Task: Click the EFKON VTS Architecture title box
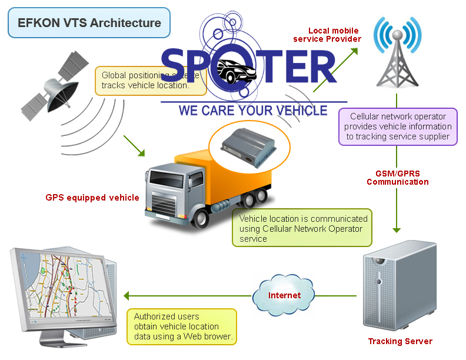[89, 23]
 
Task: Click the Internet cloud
[284, 295]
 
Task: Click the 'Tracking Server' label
[400, 341]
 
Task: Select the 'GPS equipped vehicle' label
[92, 198]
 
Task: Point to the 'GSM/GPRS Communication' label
[398, 178]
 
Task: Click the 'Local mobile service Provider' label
[334, 35]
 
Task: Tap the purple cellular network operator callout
[398, 126]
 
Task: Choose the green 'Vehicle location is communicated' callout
[302, 228]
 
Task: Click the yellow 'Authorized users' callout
[182, 326]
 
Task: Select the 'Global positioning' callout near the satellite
[150, 81]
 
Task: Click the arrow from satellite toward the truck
[134, 146]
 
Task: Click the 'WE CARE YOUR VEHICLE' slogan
[252, 111]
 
